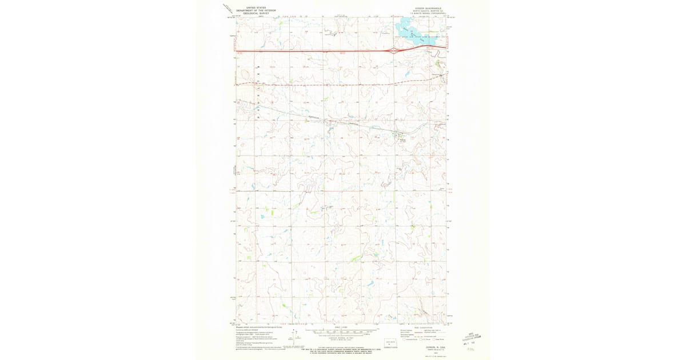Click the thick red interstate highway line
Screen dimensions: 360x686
[x=314, y=51]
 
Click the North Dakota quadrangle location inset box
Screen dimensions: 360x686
[x=390, y=343]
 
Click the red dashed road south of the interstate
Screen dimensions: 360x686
[x=314, y=84]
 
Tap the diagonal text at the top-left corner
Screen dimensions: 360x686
[x=228, y=9]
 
